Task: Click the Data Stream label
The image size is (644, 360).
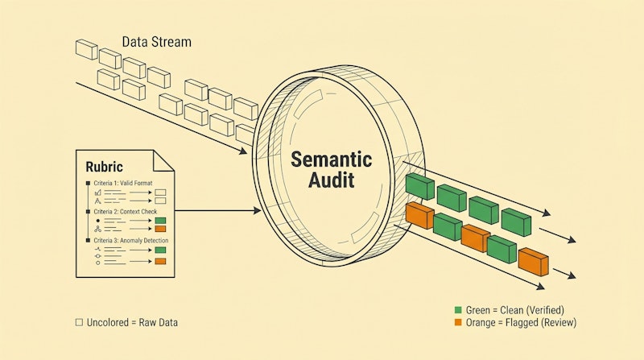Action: tap(157, 40)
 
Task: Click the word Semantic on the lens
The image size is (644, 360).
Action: tap(332, 158)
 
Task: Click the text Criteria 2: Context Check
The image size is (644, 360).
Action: tap(129, 211)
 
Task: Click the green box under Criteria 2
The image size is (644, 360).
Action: tap(160, 219)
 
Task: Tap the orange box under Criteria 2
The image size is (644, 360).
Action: tap(160, 228)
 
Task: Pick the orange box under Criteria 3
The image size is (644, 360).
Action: tap(160, 261)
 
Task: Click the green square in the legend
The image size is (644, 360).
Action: tap(458, 310)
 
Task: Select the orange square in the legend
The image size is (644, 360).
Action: tap(458, 322)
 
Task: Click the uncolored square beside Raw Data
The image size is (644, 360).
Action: tap(79, 322)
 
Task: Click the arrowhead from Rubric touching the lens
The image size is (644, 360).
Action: tap(258, 211)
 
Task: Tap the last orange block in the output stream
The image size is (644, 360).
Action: tap(533, 260)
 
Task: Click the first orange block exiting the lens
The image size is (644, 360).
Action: tap(419, 215)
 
